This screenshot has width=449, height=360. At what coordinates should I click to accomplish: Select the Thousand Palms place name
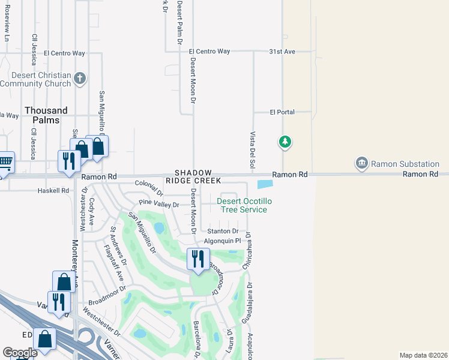tap(46, 115)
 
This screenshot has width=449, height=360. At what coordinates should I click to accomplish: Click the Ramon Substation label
tap(405, 163)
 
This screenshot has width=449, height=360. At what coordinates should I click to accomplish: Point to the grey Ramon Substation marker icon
tap(361, 163)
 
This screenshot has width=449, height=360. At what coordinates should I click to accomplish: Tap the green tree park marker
tap(285, 143)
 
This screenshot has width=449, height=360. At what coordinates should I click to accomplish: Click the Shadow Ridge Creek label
tap(197, 176)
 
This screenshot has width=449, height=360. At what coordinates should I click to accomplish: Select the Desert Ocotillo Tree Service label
tap(242, 205)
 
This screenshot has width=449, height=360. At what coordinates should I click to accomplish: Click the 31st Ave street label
tap(282, 52)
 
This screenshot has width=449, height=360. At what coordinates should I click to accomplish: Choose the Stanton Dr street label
tap(223, 231)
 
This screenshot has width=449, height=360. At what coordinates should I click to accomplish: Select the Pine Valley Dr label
tap(159, 205)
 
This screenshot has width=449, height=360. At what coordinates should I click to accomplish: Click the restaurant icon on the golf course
tap(197, 259)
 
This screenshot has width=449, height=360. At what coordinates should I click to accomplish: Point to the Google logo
tap(20, 352)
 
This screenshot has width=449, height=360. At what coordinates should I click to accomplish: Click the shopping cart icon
tap(5, 161)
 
